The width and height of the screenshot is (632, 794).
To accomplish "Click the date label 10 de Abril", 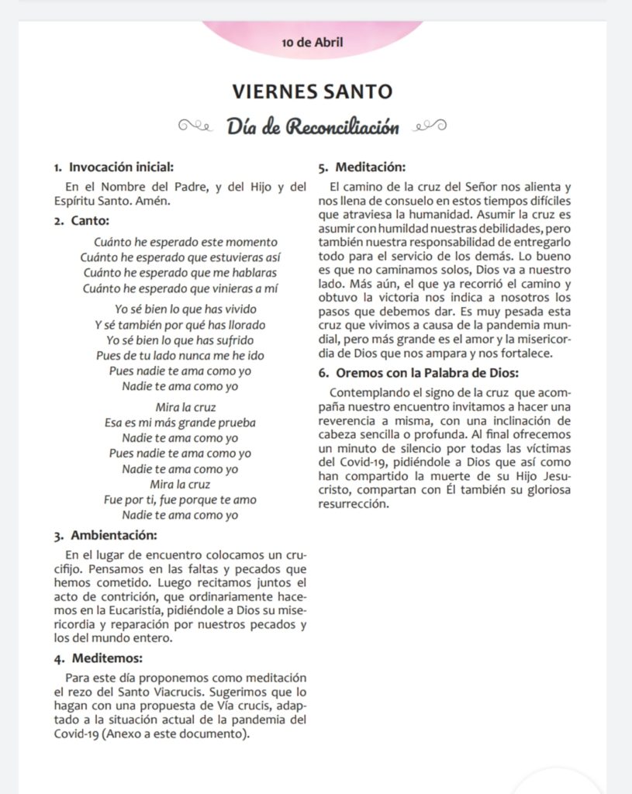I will tap(313, 42).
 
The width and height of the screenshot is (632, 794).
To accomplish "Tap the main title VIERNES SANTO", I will tap(313, 91).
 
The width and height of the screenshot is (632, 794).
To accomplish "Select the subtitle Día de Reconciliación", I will tap(313, 126).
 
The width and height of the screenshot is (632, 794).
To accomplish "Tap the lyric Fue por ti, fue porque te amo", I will tap(180, 499).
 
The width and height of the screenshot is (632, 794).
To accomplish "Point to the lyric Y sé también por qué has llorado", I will tap(180, 325).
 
